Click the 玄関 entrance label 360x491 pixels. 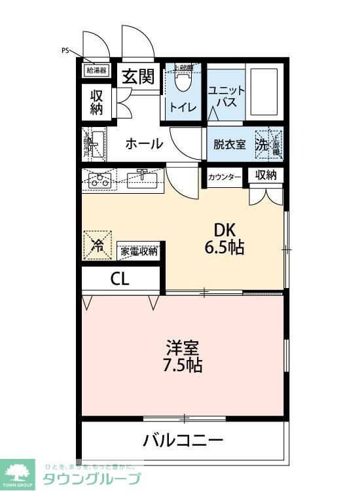coord(137,77)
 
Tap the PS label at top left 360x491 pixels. coord(65,50)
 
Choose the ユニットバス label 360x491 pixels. coord(226,98)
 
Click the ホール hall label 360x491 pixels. coord(143,143)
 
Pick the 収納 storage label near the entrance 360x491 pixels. coord(97,101)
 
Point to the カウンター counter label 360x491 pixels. coord(225,177)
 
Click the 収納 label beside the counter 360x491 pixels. coord(266,175)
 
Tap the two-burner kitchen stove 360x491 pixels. coord(100,180)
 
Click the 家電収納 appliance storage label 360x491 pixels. coord(139,251)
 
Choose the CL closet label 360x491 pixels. coord(120,278)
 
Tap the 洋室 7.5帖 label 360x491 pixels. coord(182,355)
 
